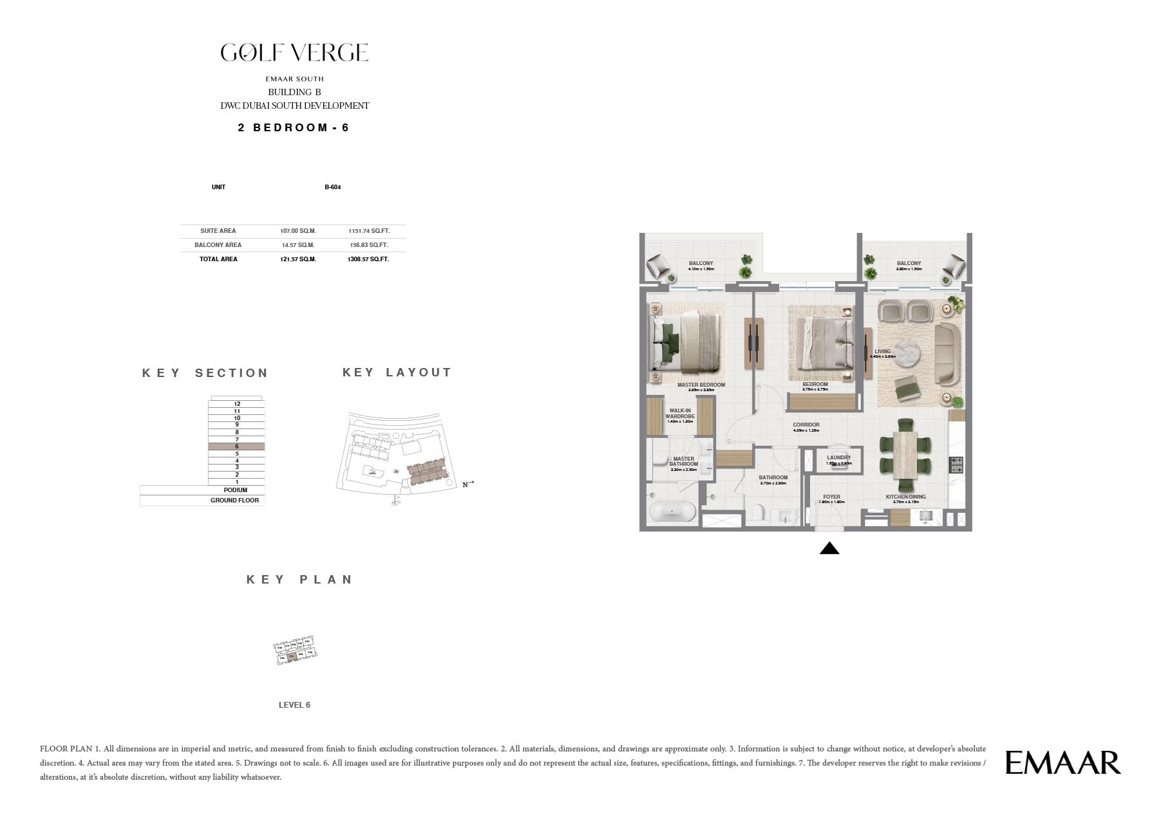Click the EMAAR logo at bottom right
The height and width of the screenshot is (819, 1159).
pyautogui.click(x=1062, y=762)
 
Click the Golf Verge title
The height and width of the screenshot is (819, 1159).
pyautogui.click(x=294, y=53)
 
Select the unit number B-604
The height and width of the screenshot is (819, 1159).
pyautogui.click(x=332, y=187)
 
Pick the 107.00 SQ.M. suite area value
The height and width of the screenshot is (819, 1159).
pyautogui.click(x=297, y=231)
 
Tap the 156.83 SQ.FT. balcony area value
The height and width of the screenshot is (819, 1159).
pyautogui.click(x=369, y=245)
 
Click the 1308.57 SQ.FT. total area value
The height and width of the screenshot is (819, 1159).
pyautogui.click(x=369, y=259)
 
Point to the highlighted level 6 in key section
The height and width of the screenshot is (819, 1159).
pyautogui.click(x=236, y=446)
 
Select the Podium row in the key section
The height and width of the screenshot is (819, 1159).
pyautogui.click(x=235, y=490)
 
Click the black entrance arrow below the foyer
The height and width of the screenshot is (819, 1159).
pyautogui.click(x=829, y=548)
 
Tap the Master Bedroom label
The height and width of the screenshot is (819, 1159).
pyautogui.click(x=701, y=385)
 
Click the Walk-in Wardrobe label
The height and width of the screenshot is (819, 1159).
pyautogui.click(x=680, y=414)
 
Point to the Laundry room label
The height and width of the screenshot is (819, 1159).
pyautogui.click(x=838, y=458)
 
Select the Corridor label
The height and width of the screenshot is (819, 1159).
pyautogui.click(x=806, y=425)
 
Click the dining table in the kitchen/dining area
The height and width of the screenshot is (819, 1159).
pyautogui.click(x=905, y=454)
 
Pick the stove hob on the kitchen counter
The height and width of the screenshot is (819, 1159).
pyautogui.click(x=956, y=463)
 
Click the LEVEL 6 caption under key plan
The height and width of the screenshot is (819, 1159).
pyautogui.click(x=294, y=705)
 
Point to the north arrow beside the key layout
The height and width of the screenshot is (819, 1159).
pyautogui.click(x=468, y=484)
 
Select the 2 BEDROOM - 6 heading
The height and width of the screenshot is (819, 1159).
pyautogui.click(x=294, y=127)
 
